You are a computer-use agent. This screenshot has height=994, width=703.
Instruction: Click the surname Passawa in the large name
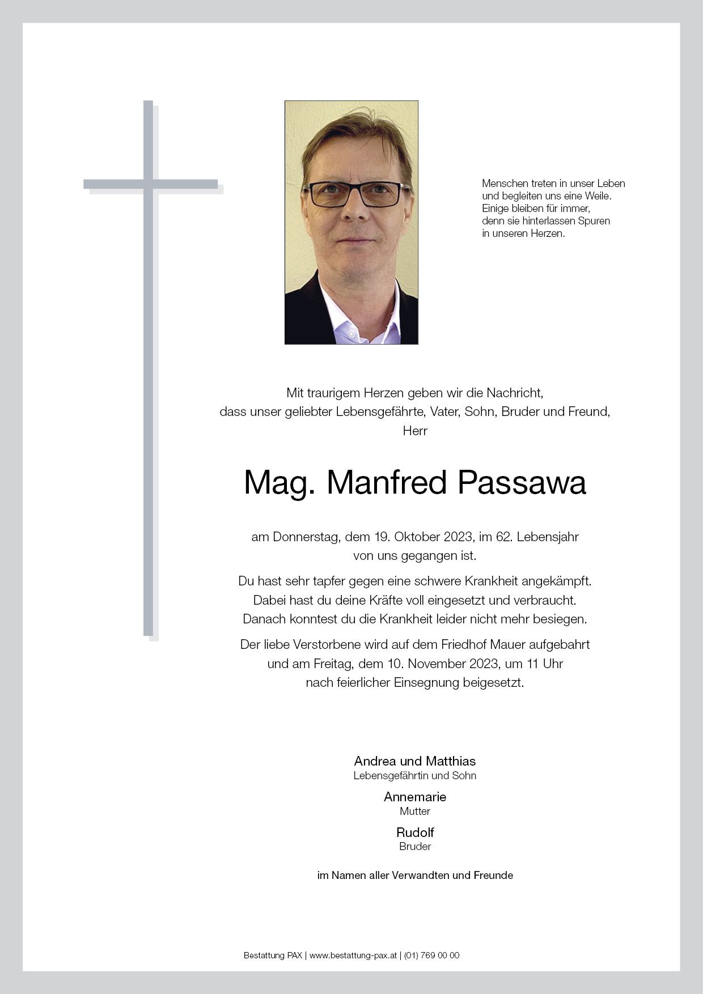click(521, 483)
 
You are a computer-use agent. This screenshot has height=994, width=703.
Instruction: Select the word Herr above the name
click(414, 431)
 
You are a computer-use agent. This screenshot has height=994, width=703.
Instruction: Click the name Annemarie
click(414, 797)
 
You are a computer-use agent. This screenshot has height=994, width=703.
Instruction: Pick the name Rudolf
click(414, 832)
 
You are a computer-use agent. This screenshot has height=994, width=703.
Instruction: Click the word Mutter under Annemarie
click(414, 812)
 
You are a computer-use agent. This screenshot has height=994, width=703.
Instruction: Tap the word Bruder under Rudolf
click(414, 847)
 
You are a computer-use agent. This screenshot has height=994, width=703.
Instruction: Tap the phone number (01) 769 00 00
click(431, 955)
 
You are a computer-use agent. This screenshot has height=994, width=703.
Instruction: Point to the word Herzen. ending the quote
click(548, 233)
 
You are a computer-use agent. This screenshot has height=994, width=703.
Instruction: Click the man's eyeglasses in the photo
click(356, 194)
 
